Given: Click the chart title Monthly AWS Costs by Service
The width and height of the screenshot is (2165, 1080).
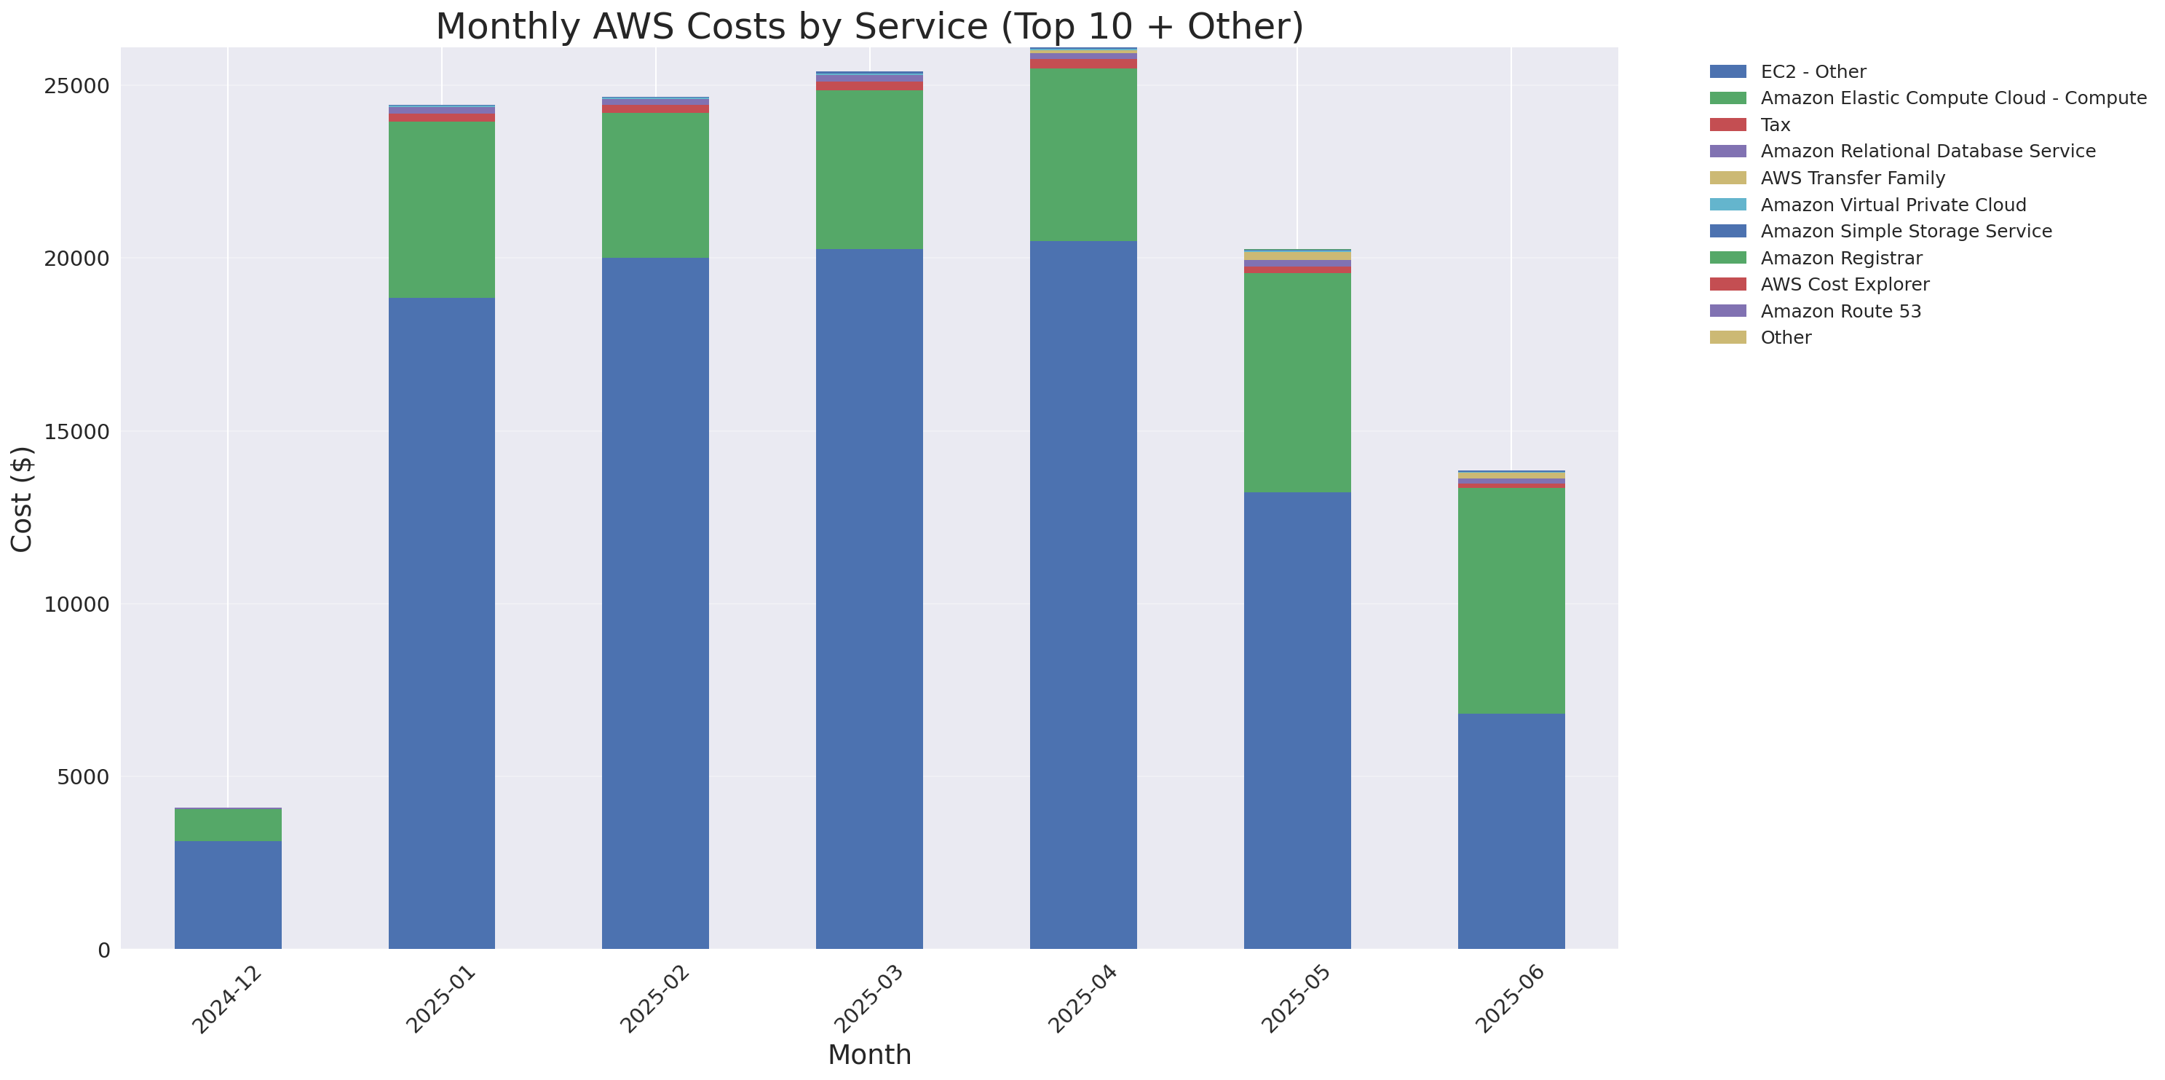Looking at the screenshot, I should pos(869,27).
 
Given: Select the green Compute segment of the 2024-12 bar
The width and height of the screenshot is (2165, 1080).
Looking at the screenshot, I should pos(228,824).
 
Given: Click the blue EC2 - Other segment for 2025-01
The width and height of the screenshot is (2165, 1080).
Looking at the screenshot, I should pos(441,623).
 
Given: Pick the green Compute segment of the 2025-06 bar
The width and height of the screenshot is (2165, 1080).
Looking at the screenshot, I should pos(1511,600).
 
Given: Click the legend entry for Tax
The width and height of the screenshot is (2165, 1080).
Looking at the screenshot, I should pos(1774,125).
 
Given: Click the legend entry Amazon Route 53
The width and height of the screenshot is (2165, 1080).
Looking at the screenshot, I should pos(1840,311).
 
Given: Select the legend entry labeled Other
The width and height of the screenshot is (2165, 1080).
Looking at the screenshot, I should pos(1785,338).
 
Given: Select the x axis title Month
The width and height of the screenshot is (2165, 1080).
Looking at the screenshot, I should pos(869,1055).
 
